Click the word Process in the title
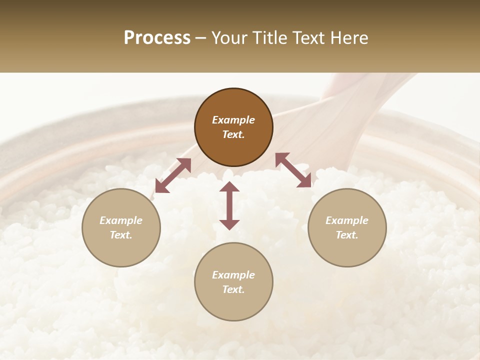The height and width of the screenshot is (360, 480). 157,38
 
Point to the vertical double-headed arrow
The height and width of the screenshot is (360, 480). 229,205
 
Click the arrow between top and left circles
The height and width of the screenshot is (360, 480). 173,175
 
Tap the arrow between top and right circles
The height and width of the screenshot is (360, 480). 293,170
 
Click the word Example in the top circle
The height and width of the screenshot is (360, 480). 233,120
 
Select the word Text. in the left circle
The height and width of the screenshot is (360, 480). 121,235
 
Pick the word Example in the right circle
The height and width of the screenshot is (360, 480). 347,220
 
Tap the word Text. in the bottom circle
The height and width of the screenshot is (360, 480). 233,289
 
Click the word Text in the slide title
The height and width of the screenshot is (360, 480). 310,38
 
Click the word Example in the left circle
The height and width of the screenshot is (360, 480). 121,220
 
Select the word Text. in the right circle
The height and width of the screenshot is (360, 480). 347,235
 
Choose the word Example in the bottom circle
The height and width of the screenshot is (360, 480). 233,275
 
